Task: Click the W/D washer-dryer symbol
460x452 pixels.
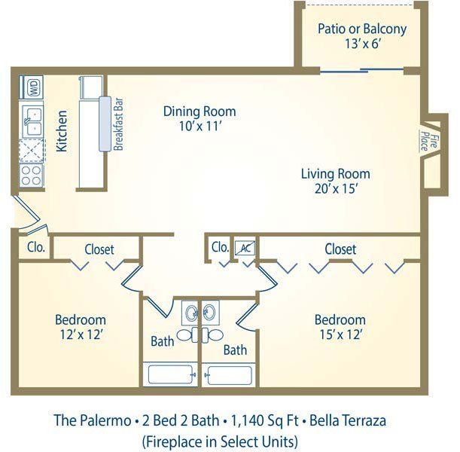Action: click(x=33, y=87)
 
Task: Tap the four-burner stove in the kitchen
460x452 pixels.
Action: click(x=32, y=176)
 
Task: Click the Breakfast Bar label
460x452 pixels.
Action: click(x=118, y=124)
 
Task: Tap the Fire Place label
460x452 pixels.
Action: click(x=424, y=140)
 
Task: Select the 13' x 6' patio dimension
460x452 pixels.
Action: click(x=361, y=44)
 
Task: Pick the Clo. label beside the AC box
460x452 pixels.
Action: click(x=220, y=247)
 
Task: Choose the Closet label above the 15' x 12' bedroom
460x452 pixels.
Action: click(x=340, y=249)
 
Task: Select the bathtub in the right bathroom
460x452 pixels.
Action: click(x=234, y=374)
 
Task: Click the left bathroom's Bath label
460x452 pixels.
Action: click(x=162, y=341)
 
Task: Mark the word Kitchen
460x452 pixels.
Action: click(x=62, y=132)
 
